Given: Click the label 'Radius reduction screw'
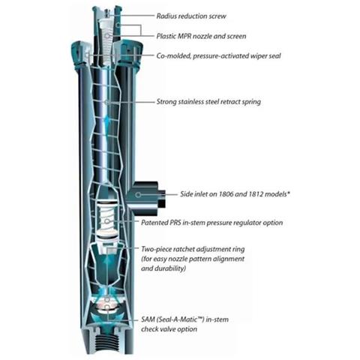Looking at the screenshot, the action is [x=191, y=16].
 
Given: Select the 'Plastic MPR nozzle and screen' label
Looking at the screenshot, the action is [x=201, y=36].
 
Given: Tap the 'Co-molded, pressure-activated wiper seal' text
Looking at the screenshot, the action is [x=218, y=55].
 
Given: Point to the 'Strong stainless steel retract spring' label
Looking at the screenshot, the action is [x=208, y=102].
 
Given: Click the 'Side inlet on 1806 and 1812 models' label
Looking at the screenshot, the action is [x=235, y=194].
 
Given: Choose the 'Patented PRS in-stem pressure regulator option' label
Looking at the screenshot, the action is [x=212, y=223].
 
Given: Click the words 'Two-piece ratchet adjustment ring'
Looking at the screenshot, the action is [x=193, y=249].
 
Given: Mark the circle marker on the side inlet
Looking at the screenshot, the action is [x=138, y=194].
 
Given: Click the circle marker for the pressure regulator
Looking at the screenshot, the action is [x=106, y=221].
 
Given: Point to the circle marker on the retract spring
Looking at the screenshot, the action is [x=106, y=102].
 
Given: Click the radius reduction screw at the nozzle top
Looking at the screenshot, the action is [x=107, y=13].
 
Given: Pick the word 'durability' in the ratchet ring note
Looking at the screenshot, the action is [x=172, y=268].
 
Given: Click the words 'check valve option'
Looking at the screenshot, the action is [x=169, y=329].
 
